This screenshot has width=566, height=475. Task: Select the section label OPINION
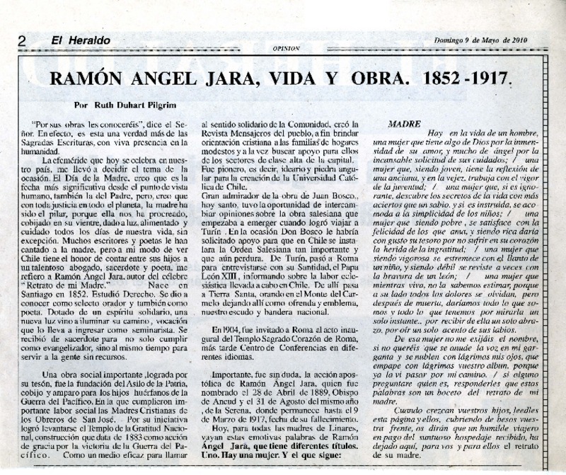[287, 48]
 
